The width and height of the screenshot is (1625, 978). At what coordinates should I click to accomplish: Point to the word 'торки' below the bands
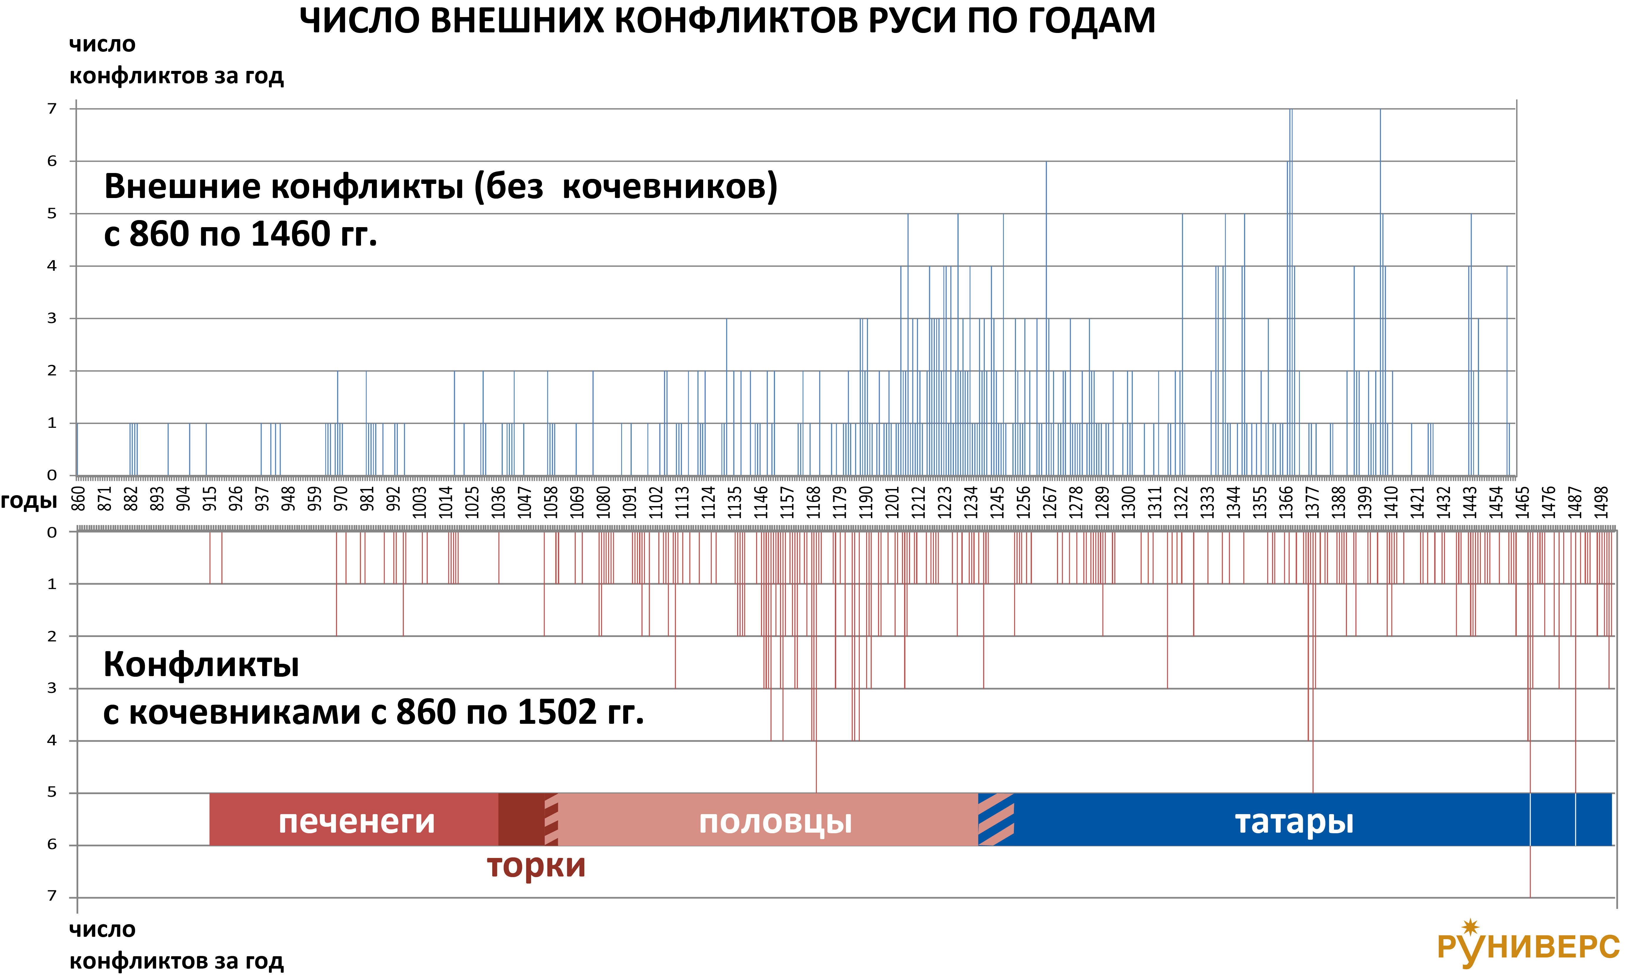tap(536, 865)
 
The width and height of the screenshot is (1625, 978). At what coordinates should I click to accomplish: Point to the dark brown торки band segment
tap(520, 819)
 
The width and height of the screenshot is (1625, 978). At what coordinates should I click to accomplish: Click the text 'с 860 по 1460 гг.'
tap(240, 234)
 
